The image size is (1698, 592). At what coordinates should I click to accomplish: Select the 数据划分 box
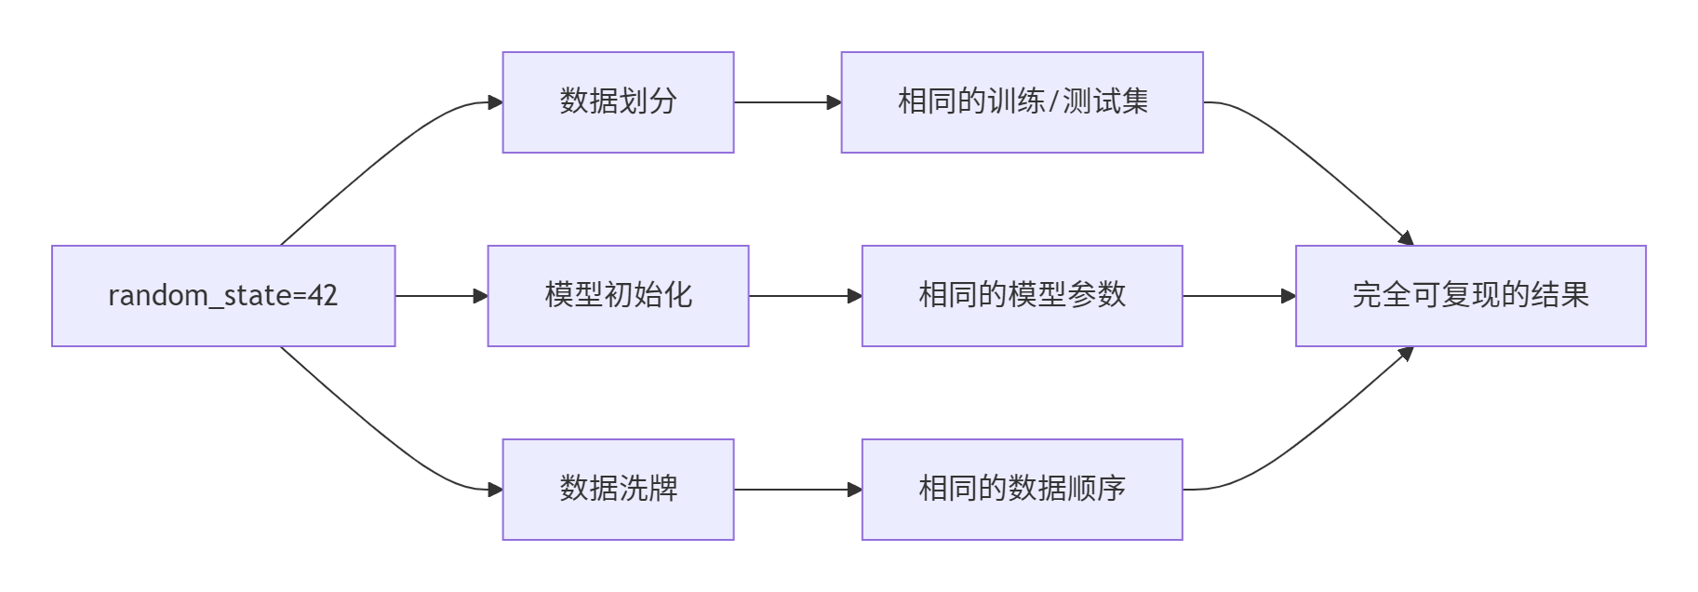[618, 102]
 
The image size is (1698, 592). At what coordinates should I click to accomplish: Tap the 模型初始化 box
[618, 296]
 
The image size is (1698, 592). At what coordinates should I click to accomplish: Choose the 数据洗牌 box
[618, 490]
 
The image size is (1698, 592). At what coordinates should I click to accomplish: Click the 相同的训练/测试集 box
[1022, 102]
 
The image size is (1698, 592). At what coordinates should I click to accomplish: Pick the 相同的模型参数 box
[1022, 296]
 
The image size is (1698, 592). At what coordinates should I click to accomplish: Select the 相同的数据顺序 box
[1022, 490]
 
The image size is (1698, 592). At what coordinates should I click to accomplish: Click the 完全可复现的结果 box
[1470, 296]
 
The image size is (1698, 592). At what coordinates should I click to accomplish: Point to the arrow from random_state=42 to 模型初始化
[441, 296]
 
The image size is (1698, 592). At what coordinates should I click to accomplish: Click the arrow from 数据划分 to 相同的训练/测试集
[787, 102]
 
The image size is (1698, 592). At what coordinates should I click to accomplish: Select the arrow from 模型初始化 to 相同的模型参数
[805, 296]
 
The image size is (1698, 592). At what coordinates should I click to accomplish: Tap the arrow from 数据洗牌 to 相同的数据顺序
[797, 490]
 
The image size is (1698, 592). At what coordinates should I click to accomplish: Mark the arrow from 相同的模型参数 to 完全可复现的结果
[1238, 296]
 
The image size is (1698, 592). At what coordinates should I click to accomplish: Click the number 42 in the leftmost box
[323, 296]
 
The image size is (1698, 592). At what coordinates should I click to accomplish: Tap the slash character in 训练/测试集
[1053, 101]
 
